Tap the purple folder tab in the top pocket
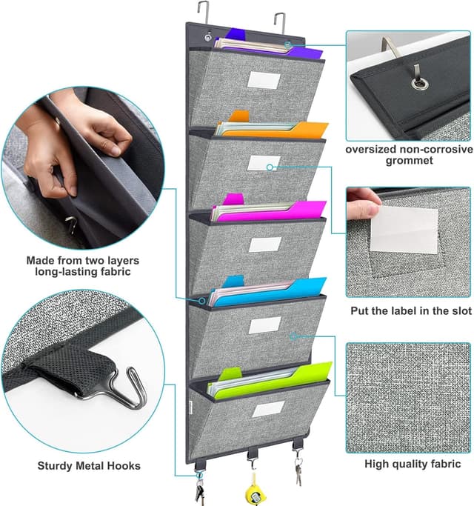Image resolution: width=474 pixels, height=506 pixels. (238, 33)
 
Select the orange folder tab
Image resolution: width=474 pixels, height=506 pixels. (238, 116)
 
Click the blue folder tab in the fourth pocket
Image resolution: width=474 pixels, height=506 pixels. (233, 282)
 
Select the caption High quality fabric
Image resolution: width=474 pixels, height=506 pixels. (413, 464)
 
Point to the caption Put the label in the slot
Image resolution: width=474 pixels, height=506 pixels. (410, 311)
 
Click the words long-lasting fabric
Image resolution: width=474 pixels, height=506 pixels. (83, 273)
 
